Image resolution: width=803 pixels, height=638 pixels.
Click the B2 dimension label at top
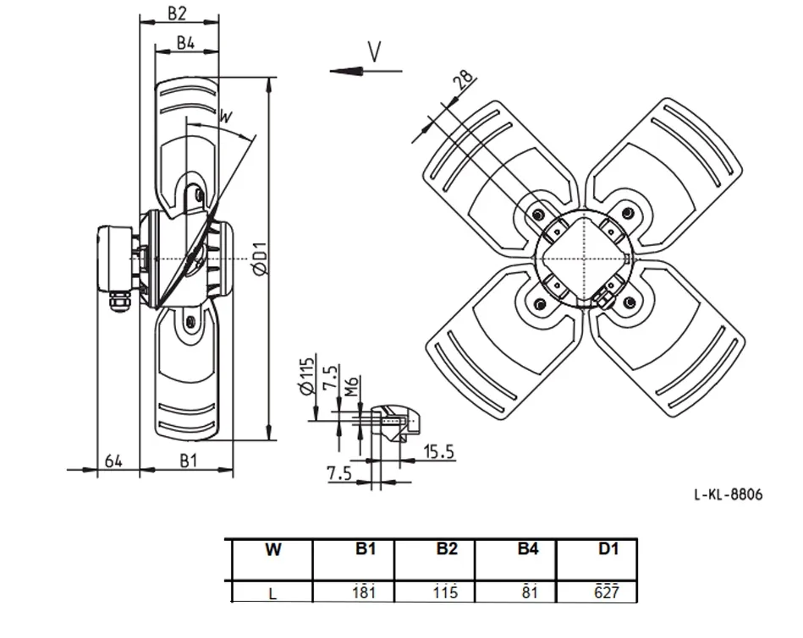tap(177, 13)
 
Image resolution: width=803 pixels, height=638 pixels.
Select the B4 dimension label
tap(186, 42)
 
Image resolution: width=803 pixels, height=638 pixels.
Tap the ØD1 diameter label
tap(261, 258)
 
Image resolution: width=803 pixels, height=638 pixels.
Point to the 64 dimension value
tap(113, 461)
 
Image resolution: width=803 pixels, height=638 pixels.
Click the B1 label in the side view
tap(189, 461)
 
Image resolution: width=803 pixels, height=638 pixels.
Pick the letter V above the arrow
tap(375, 52)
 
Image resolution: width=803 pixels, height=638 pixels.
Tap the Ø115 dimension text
tap(305, 376)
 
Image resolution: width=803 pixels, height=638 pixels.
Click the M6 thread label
tap(351, 386)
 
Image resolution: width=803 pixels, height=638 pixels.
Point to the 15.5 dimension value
tap(439, 452)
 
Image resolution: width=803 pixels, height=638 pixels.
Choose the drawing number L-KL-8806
tap(729, 494)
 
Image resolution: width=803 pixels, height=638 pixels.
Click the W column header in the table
tap(273, 549)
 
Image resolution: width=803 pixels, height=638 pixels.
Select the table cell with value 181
tap(364, 592)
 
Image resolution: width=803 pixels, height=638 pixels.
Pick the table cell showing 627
tap(607, 592)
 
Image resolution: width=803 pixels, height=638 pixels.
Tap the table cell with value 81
tap(530, 592)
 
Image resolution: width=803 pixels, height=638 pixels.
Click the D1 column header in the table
tap(608, 549)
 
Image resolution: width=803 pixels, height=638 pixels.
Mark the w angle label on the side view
tap(225, 117)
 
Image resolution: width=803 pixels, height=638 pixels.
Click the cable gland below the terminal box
tap(119, 302)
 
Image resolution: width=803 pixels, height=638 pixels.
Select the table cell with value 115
tap(445, 592)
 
